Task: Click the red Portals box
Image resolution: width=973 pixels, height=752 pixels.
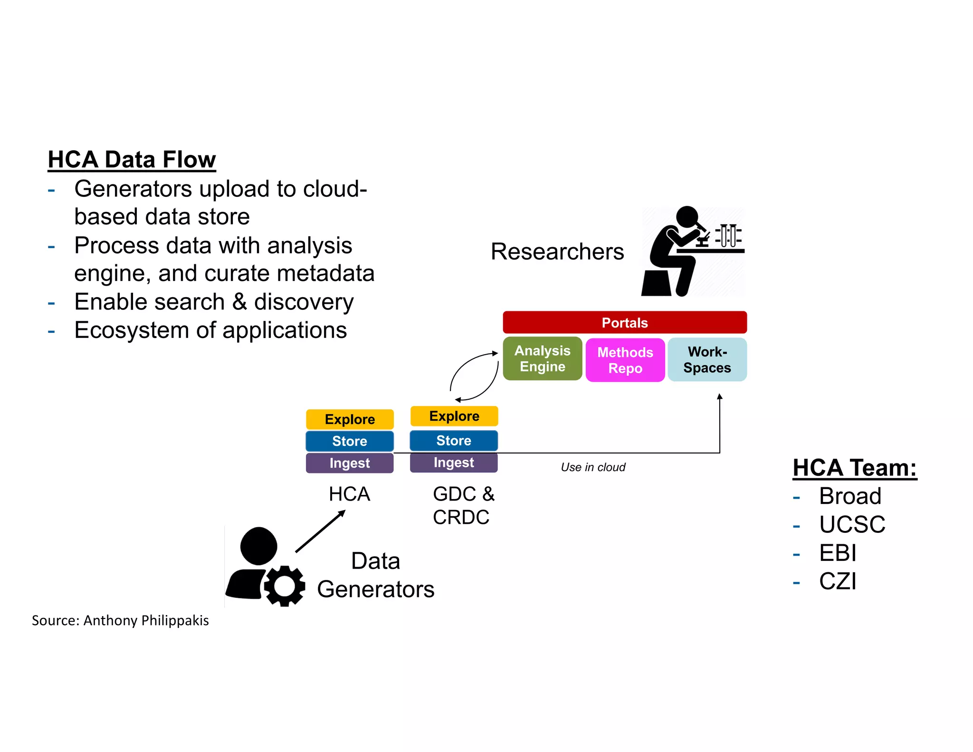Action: pos(624,323)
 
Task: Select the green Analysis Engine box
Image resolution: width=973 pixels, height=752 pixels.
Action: pos(542,359)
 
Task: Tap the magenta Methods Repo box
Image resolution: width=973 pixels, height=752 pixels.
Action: pos(625,360)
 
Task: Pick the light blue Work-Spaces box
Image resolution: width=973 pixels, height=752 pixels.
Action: pos(707,360)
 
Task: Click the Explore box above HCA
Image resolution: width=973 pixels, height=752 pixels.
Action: pos(350,419)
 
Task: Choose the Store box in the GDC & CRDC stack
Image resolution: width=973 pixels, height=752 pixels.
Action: pos(454,441)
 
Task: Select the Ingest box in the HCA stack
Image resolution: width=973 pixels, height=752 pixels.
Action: pos(350,463)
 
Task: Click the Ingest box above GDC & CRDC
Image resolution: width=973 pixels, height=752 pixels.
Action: pos(454,463)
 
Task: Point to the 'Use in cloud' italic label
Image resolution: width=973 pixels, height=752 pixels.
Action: pos(593,467)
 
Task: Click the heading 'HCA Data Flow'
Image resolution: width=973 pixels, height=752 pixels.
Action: pos(132,159)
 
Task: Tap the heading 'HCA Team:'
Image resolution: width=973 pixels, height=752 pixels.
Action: pos(854,468)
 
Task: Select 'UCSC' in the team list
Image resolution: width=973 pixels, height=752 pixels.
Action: pos(852,525)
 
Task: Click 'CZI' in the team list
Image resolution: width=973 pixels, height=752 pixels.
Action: pos(838,581)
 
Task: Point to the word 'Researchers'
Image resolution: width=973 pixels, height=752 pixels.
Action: pos(557,251)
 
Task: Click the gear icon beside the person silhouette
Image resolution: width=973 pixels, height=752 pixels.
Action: pos(284,586)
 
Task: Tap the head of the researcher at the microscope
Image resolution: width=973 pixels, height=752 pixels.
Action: pos(687,217)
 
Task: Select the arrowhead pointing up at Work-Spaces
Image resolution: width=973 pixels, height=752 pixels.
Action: pos(720,396)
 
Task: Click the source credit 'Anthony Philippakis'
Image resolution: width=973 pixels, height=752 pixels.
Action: pos(146,621)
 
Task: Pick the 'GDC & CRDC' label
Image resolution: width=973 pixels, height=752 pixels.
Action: pos(463,505)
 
